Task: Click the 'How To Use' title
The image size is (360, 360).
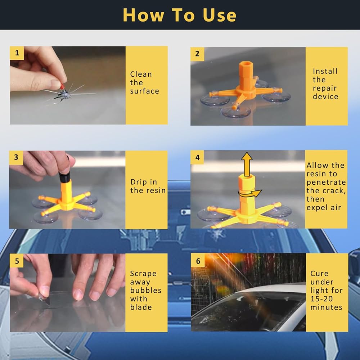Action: [x=180, y=15]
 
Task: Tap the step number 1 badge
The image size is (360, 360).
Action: [x=17, y=53]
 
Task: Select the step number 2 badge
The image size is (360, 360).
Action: [x=197, y=54]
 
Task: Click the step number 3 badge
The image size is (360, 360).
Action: [x=16, y=158]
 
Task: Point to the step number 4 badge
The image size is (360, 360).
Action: [x=197, y=158]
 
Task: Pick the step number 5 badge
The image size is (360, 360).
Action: [x=17, y=261]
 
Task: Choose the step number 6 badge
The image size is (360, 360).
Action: [x=198, y=261]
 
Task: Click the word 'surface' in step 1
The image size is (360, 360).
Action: [x=144, y=91]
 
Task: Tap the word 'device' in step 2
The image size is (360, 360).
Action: [x=325, y=96]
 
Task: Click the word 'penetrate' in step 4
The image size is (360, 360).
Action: [x=326, y=182]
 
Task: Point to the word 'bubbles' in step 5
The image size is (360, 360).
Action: [x=145, y=290]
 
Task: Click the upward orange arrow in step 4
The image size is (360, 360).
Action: [x=247, y=164]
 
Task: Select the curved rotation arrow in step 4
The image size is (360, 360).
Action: [x=250, y=193]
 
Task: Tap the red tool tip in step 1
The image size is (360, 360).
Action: [x=62, y=86]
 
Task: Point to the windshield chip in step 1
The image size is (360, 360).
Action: [x=63, y=94]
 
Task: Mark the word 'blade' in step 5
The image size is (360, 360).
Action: [x=141, y=307]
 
